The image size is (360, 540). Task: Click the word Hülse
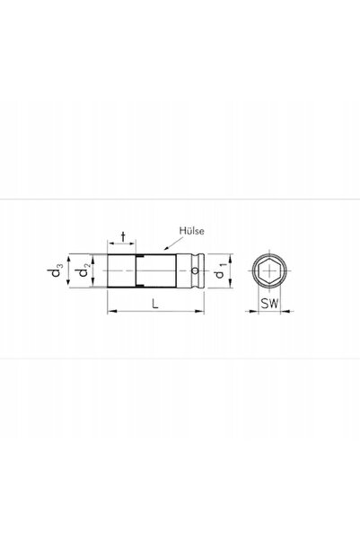point(192,231)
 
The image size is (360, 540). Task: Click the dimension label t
point(123,237)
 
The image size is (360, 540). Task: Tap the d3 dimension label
point(55,270)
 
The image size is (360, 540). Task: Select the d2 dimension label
point(84,270)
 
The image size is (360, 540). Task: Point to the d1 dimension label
point(220,270)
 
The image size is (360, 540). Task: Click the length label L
point(155,304)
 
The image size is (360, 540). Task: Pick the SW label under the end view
point(269,304)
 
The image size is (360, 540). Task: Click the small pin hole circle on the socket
point(195,270)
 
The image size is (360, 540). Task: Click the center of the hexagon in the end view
point(269,270)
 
